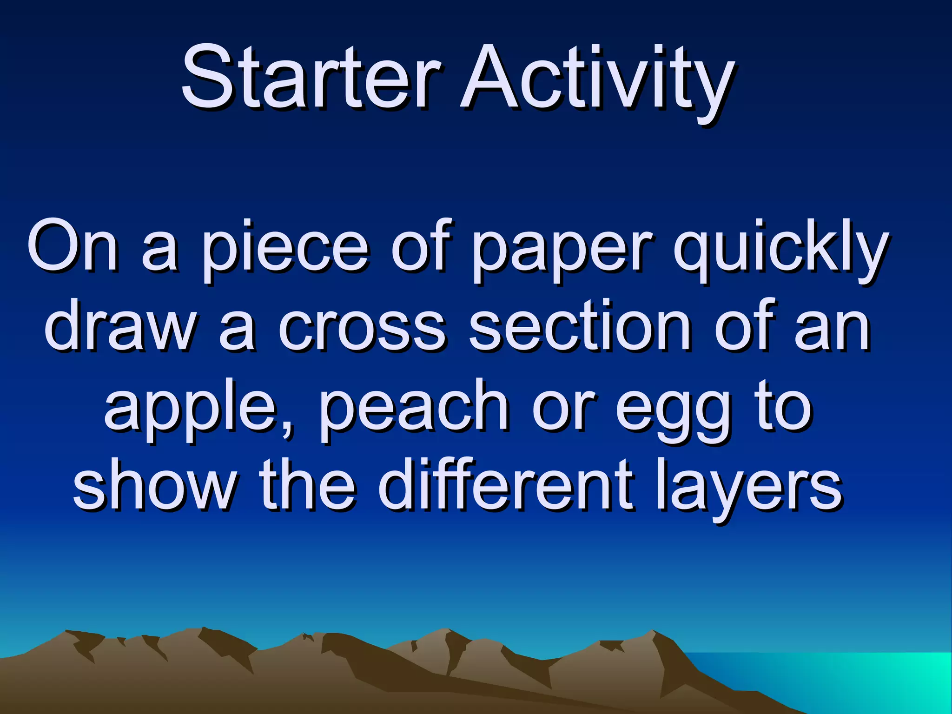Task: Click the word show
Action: click(x=153, y=486)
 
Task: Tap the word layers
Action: click(x=748, y=488)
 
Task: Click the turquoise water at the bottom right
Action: click(x=883, y=679)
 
